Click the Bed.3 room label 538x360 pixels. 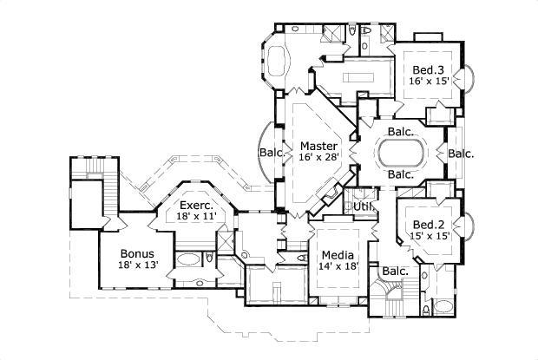[x=428, y=69]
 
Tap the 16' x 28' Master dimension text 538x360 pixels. [x=318, y=156]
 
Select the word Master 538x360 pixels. [x=318, y=145]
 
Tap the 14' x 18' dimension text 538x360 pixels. [x=338, y=266]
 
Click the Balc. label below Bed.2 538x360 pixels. [x=395, y=272]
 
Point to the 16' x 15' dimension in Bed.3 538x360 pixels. [x=428, y=80]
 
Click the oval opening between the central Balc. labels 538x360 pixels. [x=400, y=154]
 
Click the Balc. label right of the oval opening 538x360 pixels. [x=461, y=154]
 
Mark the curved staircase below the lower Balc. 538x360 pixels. [x=388, y=299]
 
